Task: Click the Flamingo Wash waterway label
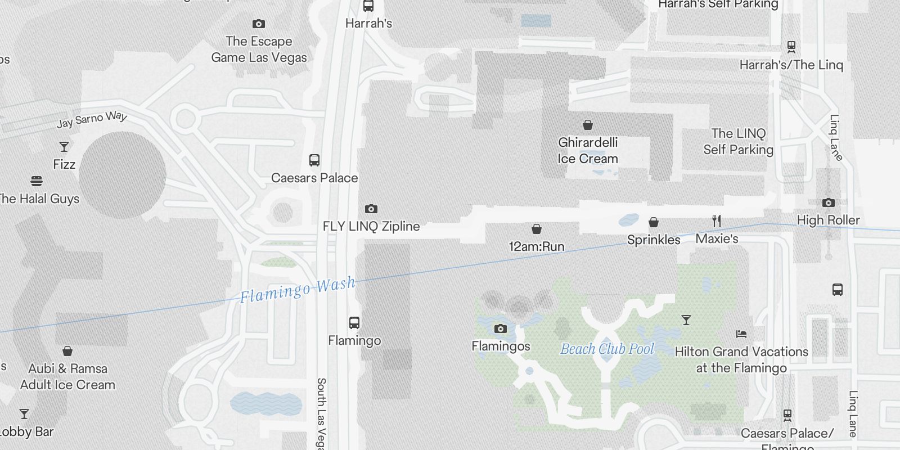298,289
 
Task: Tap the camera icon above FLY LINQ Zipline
371,209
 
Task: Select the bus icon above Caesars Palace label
314,160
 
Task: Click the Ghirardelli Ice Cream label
588,151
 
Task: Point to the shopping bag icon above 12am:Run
537,229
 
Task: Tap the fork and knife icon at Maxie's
717,221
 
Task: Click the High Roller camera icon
828,202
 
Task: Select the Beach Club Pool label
607,349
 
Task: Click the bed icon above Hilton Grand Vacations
741,334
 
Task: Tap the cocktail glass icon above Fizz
64,147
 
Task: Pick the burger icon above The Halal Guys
37,181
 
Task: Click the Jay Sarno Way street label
92,119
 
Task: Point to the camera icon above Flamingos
500,329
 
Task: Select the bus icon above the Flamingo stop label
354,323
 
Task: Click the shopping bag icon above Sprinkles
654,222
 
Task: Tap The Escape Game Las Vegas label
259,49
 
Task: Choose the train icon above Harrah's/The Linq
791,47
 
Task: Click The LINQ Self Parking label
738,141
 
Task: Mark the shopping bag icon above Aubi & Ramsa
67,351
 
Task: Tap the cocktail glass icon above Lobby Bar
24,414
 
